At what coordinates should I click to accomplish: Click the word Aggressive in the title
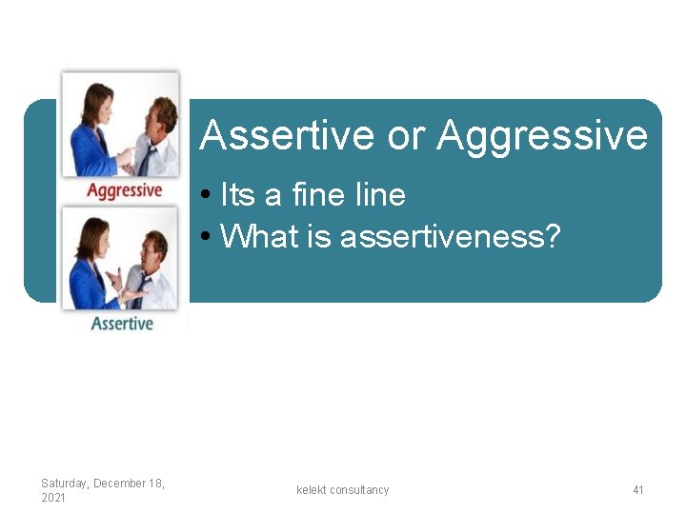542,136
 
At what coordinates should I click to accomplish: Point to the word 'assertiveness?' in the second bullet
450,235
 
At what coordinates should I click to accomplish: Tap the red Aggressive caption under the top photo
124,189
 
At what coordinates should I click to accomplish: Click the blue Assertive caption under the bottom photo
122,324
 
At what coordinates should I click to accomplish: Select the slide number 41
638,490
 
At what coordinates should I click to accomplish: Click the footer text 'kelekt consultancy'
343,490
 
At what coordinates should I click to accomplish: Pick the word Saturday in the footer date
65,484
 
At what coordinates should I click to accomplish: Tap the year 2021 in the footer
53,498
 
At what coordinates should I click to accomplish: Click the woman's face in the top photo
98,99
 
